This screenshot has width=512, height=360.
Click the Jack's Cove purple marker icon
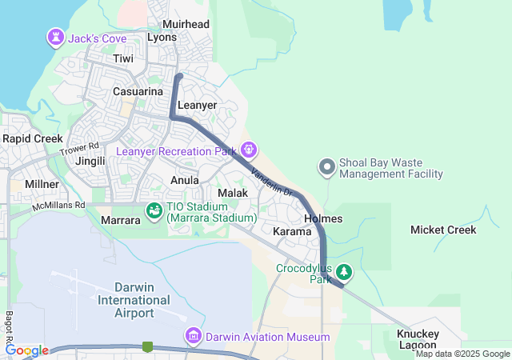tap(55, 37)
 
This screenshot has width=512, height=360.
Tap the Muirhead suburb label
tap(186, 25)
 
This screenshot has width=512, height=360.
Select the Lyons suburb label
tap(162, 38)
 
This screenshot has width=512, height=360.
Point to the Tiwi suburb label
tap(123, 59)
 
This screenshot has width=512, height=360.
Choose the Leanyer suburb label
tap(197, 105)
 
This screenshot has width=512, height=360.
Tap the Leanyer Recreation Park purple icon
tap(249, 150)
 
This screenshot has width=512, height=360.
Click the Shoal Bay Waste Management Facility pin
tap(326, 166)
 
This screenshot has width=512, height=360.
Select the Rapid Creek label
tap(32, 138)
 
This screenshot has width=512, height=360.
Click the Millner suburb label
tap(42, 184)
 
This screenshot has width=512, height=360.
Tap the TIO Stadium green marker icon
tap(154, 210)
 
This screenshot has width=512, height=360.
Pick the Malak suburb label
tap(233, 193)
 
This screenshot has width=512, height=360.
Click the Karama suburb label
tap(291, 231)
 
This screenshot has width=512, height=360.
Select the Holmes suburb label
tap(323, 218)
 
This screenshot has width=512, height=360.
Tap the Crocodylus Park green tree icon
tap(343, 271)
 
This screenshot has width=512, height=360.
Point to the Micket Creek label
tap(442, 230)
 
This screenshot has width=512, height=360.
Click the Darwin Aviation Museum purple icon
tap(193, 336)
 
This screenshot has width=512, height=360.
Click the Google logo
tap(26, 350)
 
